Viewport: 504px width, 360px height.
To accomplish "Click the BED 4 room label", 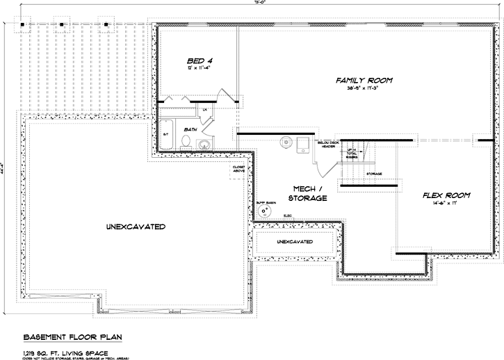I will pyautogui.click(x=199, y=60).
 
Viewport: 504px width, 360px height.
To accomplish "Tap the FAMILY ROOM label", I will pyautogui.click(x=364, y=81).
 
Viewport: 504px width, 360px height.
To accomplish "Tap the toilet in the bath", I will pyautogui.click(x=185, y=142).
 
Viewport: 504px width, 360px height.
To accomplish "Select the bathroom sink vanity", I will pyautogui.click(x=204, y=144).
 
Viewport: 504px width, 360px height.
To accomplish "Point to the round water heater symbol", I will pyautogui.click(x=286, y=142).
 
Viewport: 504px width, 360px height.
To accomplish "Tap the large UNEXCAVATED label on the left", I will pyautogui.click(x=136, y=227).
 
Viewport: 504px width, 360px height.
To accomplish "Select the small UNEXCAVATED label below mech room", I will pyautogui.click(x=294, y=242).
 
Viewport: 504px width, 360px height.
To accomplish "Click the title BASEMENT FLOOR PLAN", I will pyautogui.click(x=73, y=337).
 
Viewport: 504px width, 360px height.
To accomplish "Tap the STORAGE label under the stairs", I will pyautogui.click(x=374, y=173).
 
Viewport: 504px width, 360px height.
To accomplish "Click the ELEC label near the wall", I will pyautogui.click(x=288, y=216).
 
